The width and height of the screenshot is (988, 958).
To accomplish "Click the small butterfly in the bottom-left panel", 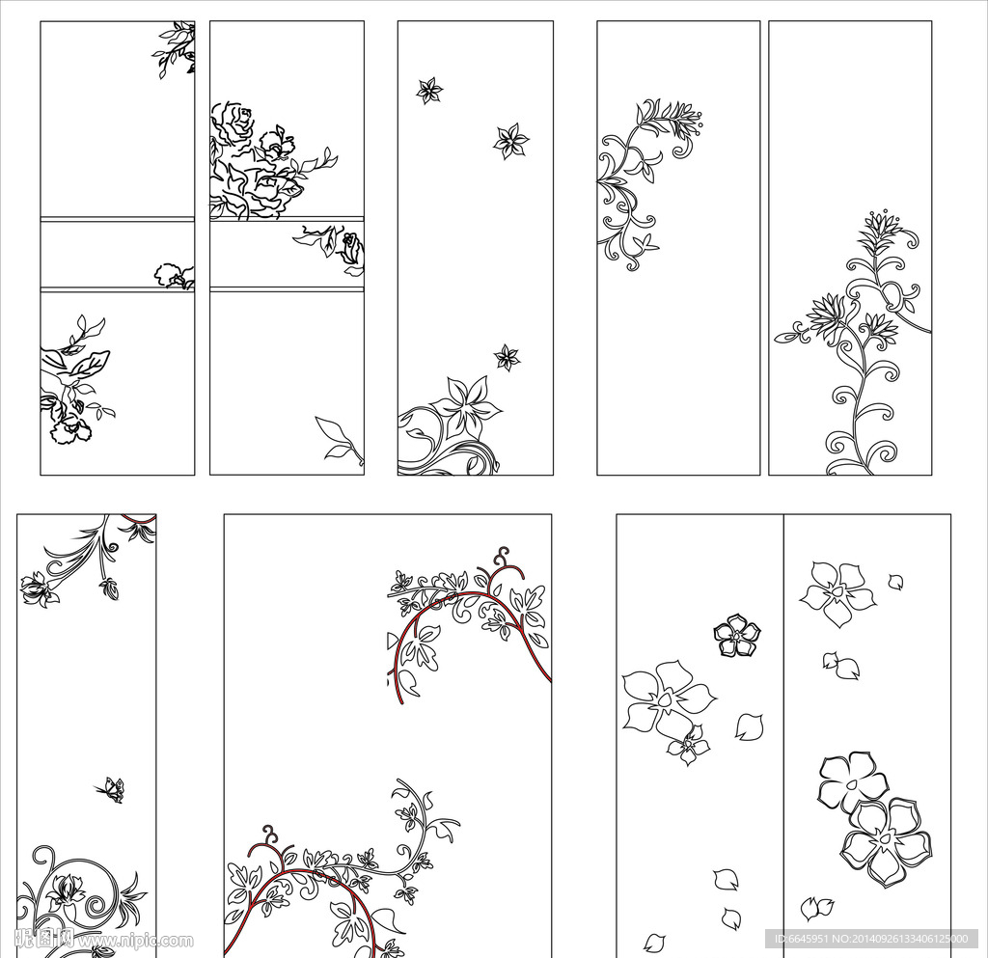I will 111,790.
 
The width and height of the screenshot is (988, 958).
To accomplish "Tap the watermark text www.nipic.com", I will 135,941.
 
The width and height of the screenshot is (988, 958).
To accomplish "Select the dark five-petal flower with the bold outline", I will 737,636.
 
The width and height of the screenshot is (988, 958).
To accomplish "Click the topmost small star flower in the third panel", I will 429,91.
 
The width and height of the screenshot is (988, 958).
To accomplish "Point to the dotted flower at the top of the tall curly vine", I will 880,230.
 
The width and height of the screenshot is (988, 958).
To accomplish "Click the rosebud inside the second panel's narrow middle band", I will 351,249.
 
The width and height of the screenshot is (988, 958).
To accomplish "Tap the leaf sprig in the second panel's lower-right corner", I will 340,439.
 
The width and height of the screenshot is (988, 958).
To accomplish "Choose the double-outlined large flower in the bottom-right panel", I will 886,842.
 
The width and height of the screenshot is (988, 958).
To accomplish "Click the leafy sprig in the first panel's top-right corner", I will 177,48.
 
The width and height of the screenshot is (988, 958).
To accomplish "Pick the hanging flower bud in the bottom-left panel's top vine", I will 110,588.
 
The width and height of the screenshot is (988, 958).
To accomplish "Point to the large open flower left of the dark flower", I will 666,699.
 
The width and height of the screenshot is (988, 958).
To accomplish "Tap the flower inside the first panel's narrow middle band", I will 173,276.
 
